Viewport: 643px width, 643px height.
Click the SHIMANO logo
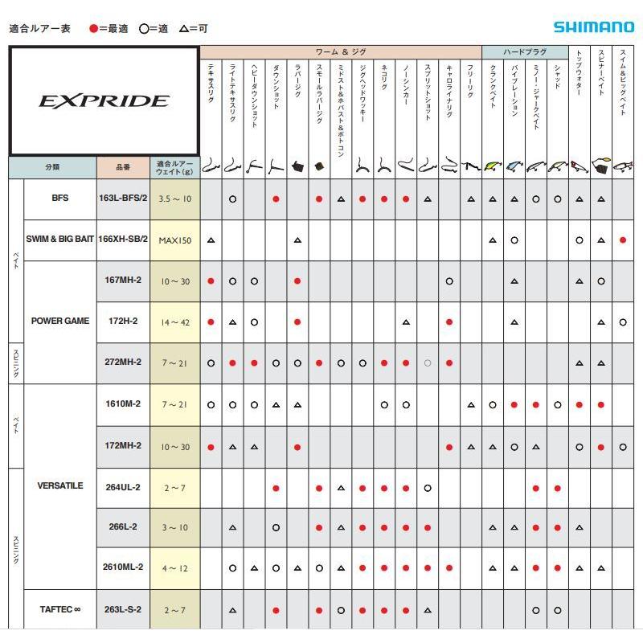594,27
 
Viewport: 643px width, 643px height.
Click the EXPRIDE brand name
104,100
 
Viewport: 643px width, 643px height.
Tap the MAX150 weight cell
175,240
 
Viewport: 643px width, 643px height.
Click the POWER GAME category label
60,321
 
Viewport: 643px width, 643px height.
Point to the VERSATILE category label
60,486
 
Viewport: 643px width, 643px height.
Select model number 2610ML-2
122,567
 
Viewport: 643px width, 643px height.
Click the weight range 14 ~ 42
175,321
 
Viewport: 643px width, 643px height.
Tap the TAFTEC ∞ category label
60,609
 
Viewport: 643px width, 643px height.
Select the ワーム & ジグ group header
341,52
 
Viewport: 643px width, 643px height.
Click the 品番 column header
122,168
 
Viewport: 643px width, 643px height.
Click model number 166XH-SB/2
122,240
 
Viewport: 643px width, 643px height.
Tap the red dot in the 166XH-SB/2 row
623,240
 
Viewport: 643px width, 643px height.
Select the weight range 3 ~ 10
175,528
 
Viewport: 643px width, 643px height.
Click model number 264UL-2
122,486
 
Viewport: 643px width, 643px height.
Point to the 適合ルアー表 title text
39,28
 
